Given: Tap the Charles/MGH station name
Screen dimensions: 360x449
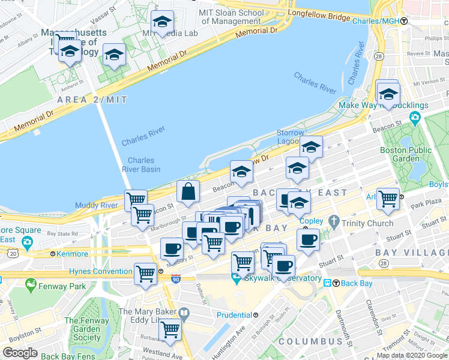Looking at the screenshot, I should pyautogui.click(x=380, y=21).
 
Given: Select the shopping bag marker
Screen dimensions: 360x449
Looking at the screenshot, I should pyautogui.click(x=188, y=191).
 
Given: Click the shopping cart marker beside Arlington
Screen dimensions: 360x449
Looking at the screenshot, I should pyautogui.click(x=388, y=197).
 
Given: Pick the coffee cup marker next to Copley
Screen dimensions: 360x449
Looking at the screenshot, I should pyautogui.click(x=308, y=239).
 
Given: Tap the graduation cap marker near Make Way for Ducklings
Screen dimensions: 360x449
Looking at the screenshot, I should pyautogui.click(x=388, y=94).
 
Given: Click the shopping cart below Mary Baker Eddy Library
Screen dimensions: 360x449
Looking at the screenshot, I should pyautogui.click(x=170, y=329).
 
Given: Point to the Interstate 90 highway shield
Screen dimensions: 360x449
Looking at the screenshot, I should pyautogui.click(x=175, y=279).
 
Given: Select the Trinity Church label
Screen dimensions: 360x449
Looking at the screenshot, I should pyautogui.click(x=367, y=223).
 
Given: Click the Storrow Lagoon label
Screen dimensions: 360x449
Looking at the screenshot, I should pyautogui.click(x=291, y=136).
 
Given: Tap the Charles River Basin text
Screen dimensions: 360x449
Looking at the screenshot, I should pyautogui.click(x=141, y=164).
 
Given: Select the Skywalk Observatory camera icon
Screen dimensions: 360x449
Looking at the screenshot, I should pyautogui.click(x=236, y=278).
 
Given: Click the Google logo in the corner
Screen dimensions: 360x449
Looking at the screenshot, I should pyautogui.click(x=20, y=353).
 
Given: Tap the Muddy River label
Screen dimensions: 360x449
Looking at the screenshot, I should pyautogui.click(x=96, y=206).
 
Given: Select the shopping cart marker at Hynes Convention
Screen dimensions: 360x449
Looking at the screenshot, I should pyautogui.click(x=146, y=274).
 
